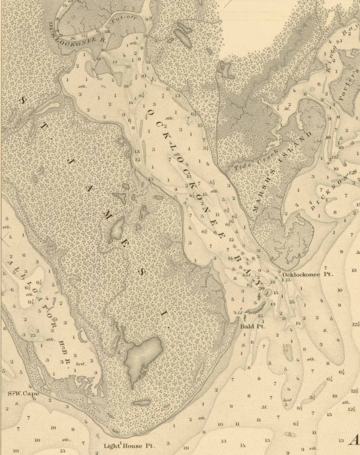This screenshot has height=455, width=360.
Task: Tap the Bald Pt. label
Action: click(x=253, y=326)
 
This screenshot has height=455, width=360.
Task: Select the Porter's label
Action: click(x=347, y=87)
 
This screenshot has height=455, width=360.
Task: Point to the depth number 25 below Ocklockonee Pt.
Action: click(x=292, y=301)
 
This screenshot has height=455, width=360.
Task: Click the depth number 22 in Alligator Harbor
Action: click(x=33, y=334)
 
